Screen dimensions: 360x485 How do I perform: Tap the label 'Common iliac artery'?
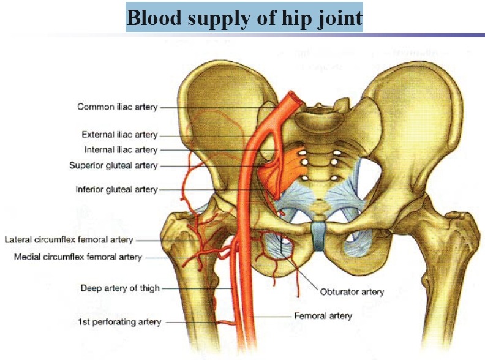point(117,107)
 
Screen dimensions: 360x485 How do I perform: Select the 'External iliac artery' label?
point(119,135)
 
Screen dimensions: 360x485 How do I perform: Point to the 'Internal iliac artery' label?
point(121,150)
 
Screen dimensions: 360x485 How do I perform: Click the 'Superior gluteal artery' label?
point(113,165)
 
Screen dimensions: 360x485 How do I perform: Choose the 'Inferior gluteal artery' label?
point(116,189)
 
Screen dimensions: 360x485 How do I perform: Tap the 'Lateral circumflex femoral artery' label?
point(69,239)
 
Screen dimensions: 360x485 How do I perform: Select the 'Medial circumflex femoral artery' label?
point(78,257)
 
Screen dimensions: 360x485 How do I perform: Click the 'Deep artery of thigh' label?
point(120,288)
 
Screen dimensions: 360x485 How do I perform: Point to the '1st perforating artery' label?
point(119,321)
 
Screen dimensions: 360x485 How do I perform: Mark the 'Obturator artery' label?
point(352,291)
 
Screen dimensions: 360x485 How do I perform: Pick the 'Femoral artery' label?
point(323,316)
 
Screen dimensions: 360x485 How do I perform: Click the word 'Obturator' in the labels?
point(339,291)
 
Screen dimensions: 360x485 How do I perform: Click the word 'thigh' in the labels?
point(148,288)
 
